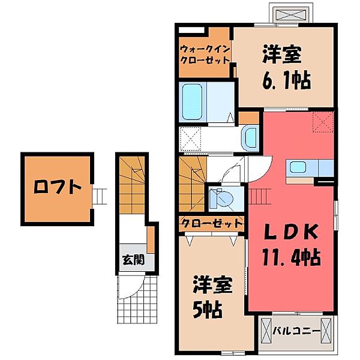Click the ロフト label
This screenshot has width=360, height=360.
(57, 187)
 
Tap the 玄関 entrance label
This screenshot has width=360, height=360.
(133, 260)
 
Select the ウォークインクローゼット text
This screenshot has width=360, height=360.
(205, 55)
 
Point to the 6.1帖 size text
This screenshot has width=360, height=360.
(287, 79)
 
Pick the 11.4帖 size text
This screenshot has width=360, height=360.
(291, 258)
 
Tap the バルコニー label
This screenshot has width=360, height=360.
(295, 330)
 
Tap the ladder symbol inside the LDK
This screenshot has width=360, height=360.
(259, 196)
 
